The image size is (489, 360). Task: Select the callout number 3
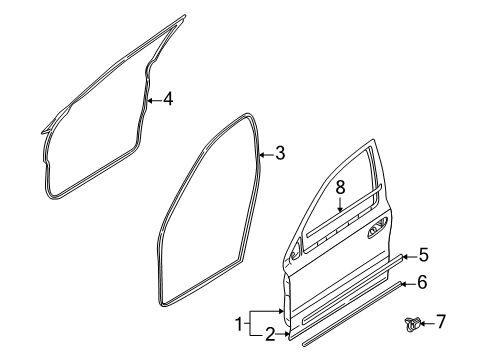(280, 154)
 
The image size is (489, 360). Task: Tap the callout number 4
(168, 100)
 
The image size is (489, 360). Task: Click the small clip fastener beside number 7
(411, 322)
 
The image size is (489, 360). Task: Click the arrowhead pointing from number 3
(261, 154)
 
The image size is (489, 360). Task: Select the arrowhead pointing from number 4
(149, 100)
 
